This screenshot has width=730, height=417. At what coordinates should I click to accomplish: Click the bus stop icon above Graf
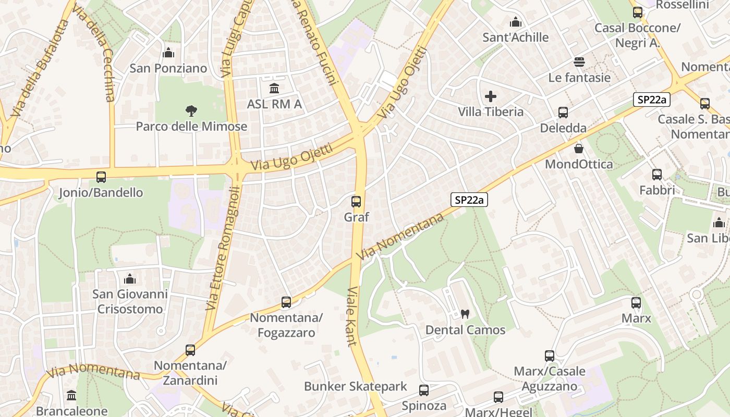point(356,201)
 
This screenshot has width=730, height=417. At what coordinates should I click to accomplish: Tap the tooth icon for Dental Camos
point(465,314)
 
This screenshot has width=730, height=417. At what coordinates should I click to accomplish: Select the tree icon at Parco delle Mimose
point(191,110)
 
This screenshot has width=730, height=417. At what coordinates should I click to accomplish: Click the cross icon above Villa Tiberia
point(490,96)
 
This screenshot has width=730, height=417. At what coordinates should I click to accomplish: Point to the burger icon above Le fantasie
point(579,62)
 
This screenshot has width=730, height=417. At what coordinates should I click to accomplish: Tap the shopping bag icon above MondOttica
point(579,149)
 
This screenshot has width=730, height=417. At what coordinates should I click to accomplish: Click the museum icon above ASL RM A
point(274,88)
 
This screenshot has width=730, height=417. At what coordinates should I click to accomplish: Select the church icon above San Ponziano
point(168,53)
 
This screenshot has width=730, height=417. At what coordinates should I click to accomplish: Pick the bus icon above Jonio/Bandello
point(101,177)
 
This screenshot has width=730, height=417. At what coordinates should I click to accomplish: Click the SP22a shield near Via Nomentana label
point(469,199)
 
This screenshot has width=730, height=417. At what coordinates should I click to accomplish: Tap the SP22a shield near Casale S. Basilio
point(651,100)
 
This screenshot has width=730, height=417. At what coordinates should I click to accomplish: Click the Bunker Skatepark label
point(356,386)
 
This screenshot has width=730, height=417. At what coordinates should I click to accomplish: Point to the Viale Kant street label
point(351,316)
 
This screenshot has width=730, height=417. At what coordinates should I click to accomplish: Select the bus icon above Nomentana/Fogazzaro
point(286,302)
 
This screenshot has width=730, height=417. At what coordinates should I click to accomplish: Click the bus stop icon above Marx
point(636,302)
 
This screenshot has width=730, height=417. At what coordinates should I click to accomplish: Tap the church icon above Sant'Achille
point(516,22)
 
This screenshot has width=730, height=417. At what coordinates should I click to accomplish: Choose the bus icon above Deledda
point(563,112)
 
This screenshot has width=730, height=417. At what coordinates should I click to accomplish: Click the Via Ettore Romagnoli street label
point(222,249)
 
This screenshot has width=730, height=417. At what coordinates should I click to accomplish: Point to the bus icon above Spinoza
point(424,390)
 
